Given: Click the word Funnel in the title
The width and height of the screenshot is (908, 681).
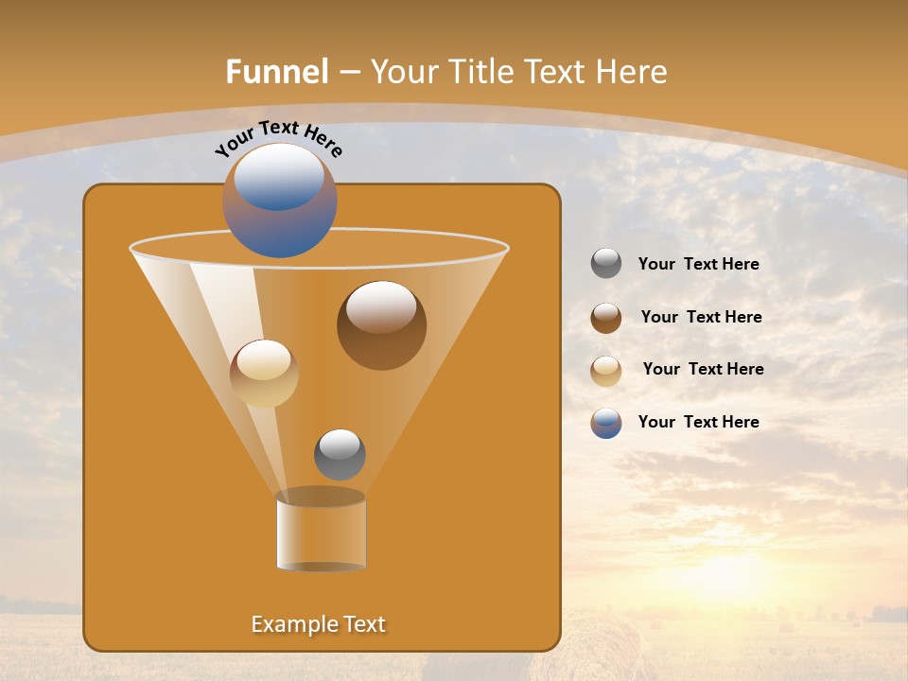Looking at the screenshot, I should click(276, 71).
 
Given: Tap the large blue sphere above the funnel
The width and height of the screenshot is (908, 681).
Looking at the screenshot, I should click(280, 200).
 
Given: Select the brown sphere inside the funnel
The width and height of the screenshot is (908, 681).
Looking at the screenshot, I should click(381, 324).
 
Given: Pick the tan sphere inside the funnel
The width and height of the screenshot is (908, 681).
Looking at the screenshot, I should click(264, 373).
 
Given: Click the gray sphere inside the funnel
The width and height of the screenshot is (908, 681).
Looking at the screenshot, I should click(340, 454).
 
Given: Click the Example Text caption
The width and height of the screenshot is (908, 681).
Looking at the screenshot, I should click(318, 624).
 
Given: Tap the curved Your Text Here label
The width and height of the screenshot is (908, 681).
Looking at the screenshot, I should click(279, 137).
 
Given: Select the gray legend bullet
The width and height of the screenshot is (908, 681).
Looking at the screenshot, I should click(606, 264).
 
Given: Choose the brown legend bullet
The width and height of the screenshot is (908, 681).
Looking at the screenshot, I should click(606, 318).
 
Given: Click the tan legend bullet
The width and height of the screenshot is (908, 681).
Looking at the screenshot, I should click(606, 371).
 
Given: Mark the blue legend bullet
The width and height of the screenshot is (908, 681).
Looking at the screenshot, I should click(606, 423).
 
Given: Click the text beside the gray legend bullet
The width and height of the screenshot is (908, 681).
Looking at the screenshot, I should click(698, 265).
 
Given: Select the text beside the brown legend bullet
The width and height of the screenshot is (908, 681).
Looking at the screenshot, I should click(701, 318).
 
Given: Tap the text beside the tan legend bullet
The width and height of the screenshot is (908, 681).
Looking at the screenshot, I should click(703, 370).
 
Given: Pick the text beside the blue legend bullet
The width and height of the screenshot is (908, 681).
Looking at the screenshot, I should click(698, 422).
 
